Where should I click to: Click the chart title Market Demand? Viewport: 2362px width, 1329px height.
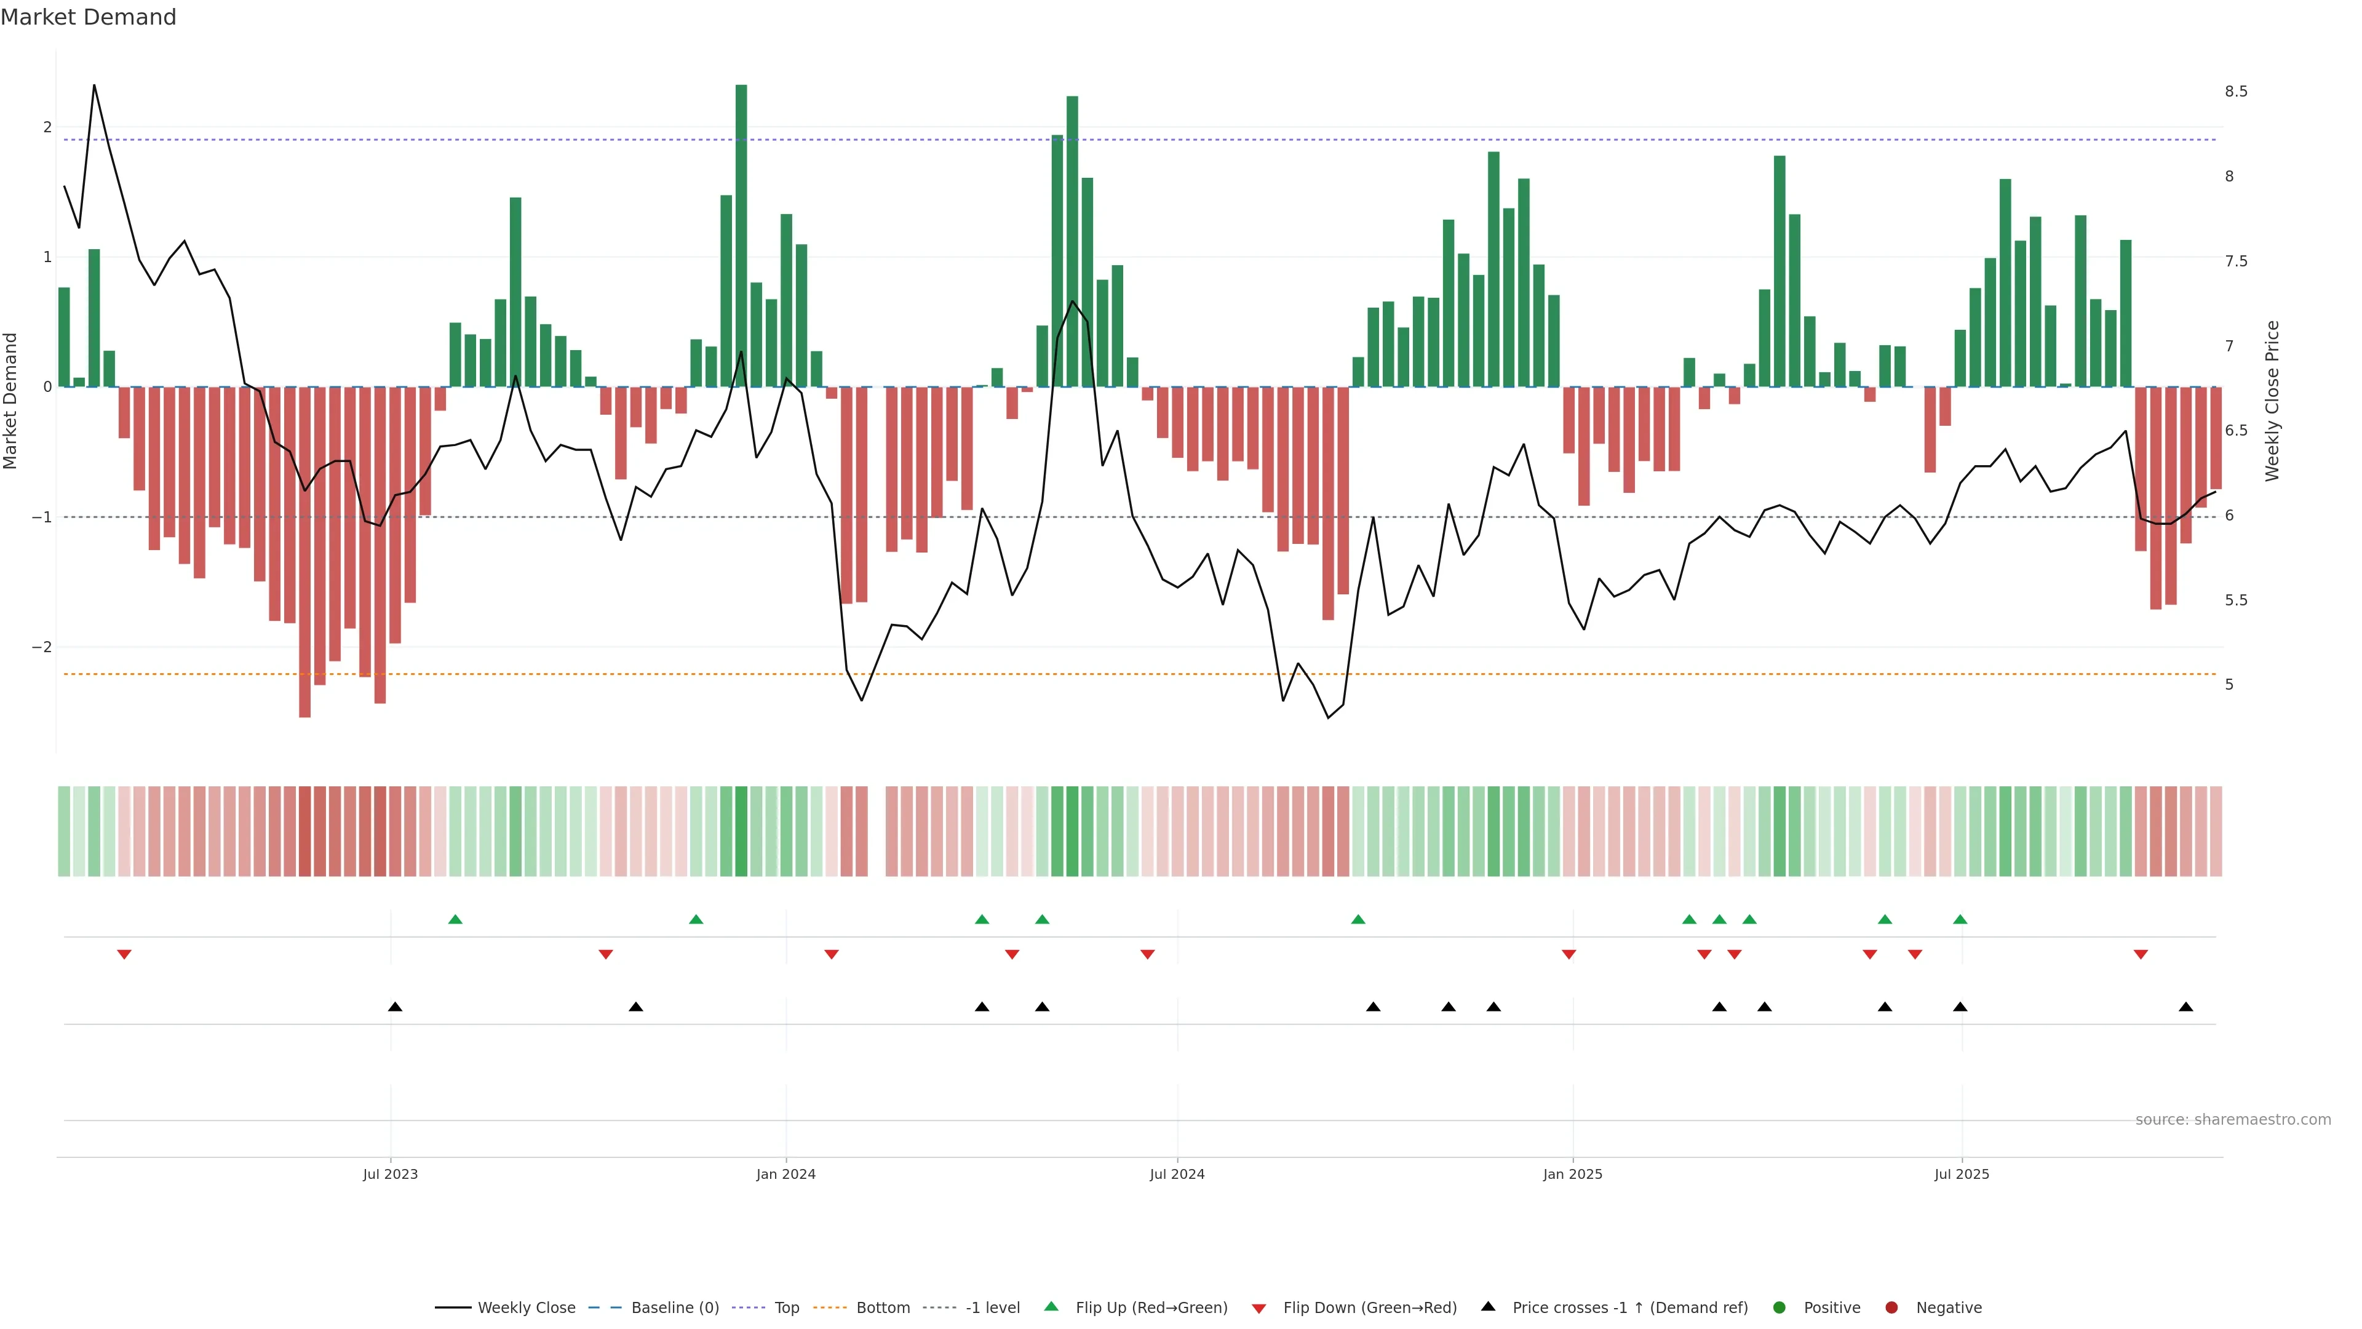point(88,17)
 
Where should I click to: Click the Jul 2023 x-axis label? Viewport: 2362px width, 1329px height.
point(390,1174)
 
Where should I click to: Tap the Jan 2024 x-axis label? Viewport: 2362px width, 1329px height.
point(786,1174)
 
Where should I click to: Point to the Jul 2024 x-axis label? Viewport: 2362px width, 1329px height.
point(1177,1174)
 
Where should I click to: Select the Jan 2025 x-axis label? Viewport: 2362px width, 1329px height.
point(1573,1174)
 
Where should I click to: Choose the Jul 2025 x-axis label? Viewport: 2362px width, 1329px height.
point(1962,1174)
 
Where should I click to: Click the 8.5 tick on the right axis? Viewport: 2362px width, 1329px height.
point(2235,92)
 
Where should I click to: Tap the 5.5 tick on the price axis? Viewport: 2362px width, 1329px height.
point(2235,601)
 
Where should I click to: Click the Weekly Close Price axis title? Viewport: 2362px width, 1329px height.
point(2272,401)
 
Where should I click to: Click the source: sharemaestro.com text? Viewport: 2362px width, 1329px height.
point(2233,1120)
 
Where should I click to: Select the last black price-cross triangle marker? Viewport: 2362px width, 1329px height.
point(2186,1007)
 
